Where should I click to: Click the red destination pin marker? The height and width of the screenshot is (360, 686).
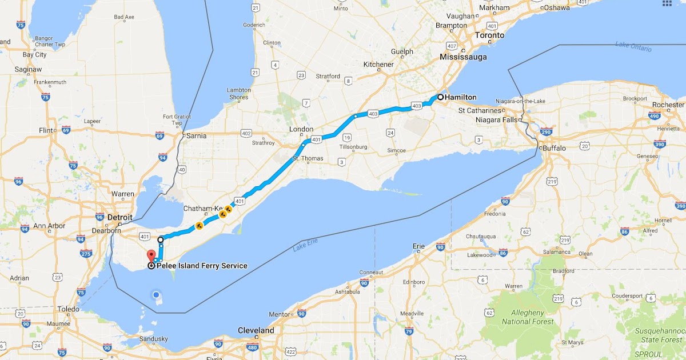[x=151, y=255]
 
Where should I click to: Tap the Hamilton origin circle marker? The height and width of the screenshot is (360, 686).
[x=441, y=97]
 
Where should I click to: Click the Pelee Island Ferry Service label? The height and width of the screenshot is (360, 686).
[x=202, y=266]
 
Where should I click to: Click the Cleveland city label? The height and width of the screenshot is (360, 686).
[x=256, y=331]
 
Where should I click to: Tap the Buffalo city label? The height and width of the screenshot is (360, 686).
[x=554, y=148]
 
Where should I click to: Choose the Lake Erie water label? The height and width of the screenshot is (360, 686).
[x=305, y=246]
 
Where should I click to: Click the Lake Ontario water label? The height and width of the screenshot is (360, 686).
[x=633, y=46]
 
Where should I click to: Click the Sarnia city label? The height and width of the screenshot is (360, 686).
[x=196, y=136]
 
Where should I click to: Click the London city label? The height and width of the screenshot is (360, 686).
[x=301, y=129]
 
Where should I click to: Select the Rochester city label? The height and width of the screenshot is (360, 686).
[x=668, y=105]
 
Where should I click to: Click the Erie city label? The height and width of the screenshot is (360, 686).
[x=419, y=246]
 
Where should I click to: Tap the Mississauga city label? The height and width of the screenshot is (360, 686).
[x=463, y=57]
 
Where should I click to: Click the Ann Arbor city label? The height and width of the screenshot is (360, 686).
[x=50, y=225]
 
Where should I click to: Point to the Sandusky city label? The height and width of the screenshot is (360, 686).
[x=153, y=339]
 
